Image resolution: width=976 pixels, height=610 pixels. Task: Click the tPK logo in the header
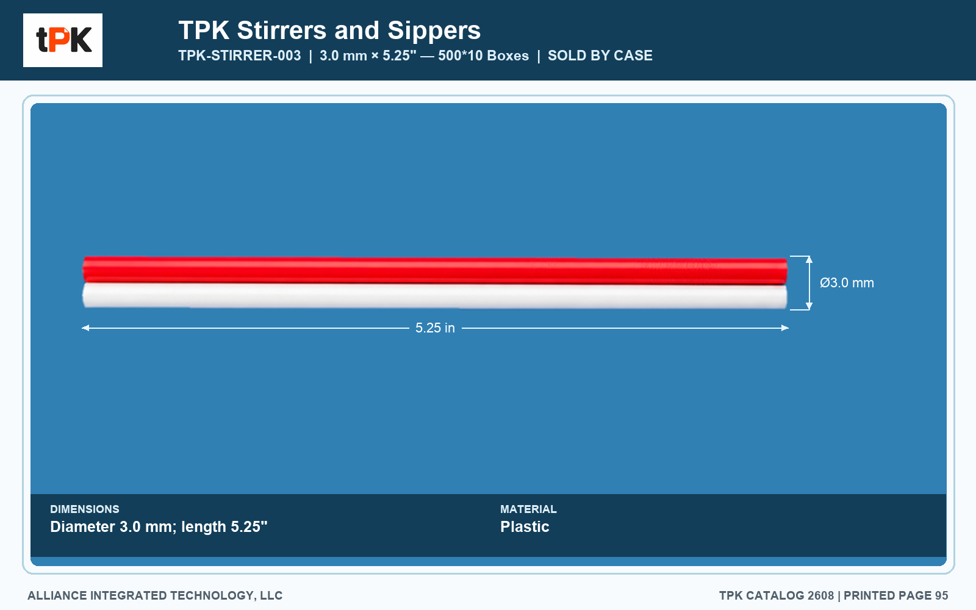63,40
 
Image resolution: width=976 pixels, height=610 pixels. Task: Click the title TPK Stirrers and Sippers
329,30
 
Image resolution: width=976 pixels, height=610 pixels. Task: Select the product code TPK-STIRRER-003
240,56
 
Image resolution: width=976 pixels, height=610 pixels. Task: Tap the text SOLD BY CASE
600,56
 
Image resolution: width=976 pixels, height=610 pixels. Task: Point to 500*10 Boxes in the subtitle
483,56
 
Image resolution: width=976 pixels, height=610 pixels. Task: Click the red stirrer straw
435,270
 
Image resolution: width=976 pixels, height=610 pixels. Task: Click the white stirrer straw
435,296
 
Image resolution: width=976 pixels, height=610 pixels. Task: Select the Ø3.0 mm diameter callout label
847,283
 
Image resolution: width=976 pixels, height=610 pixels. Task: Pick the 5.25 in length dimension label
435,328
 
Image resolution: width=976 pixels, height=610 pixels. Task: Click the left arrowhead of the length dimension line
85,328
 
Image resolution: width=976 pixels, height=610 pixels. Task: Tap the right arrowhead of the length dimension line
785,328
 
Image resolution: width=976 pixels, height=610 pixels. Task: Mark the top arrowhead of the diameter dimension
809,259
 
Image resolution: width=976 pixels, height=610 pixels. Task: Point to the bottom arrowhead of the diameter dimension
809,306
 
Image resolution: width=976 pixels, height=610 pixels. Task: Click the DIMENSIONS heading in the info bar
85,509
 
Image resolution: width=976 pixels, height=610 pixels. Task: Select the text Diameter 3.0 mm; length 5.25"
159,527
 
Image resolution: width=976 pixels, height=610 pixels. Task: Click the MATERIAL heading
528,509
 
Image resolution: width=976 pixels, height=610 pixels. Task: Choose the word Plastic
525,527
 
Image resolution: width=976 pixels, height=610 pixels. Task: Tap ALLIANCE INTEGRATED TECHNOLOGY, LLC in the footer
155,595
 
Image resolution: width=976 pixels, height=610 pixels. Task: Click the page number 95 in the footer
941,595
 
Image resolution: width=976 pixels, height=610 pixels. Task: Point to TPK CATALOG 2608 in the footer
777,595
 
